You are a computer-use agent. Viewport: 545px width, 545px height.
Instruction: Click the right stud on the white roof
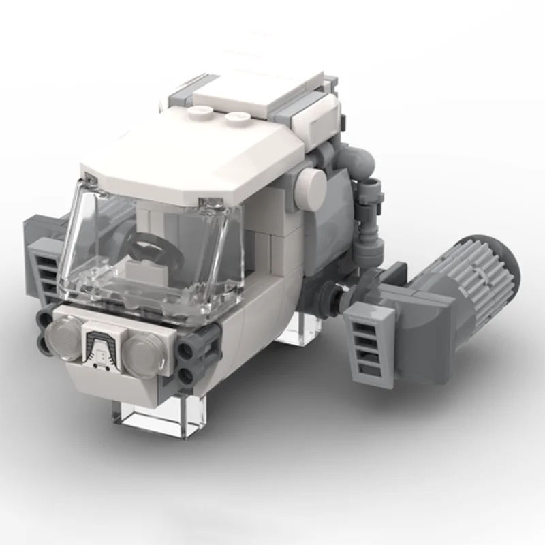[238, 117]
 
